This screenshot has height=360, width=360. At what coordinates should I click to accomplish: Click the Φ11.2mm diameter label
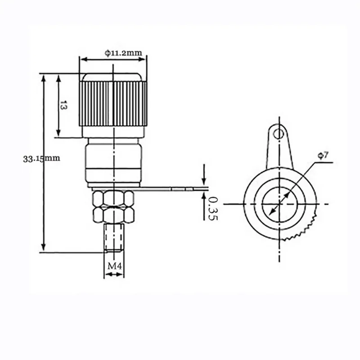click(x=123, y=53)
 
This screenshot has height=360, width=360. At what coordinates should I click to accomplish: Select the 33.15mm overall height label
click(x=41, y=158)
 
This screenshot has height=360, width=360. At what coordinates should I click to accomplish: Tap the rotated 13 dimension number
click(x=63, y=105)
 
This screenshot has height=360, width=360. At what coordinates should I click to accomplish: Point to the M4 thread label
click(x=115, y=266)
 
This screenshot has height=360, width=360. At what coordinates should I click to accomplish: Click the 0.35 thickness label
click(x=212, y=208)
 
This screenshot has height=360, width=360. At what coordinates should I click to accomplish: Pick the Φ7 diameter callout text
click(x=323, y=156)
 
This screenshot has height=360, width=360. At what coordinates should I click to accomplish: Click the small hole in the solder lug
click(x=279, y=134)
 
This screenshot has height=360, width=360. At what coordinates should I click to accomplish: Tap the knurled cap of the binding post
click(x=113, y=103)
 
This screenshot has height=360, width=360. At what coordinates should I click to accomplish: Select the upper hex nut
click(x=113, y=198)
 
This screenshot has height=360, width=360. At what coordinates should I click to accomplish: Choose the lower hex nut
click(x=113, y=215)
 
